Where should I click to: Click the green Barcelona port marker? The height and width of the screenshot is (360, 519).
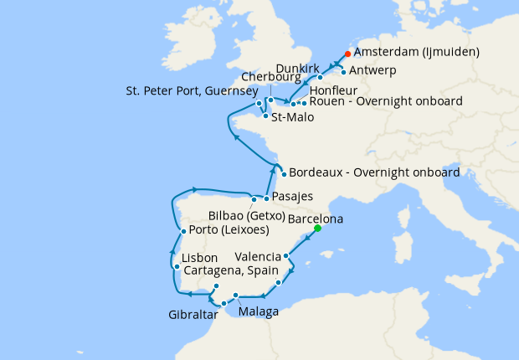tap(317, 229)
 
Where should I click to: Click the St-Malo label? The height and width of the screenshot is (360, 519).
tap(293, 117)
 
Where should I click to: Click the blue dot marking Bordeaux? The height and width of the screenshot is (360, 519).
tap(284, 174)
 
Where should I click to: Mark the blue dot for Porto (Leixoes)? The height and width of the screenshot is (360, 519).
tap(183, 231)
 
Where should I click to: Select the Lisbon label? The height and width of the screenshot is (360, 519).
tap(199, 257)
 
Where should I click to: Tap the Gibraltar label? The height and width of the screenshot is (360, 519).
tap(190, 315)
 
